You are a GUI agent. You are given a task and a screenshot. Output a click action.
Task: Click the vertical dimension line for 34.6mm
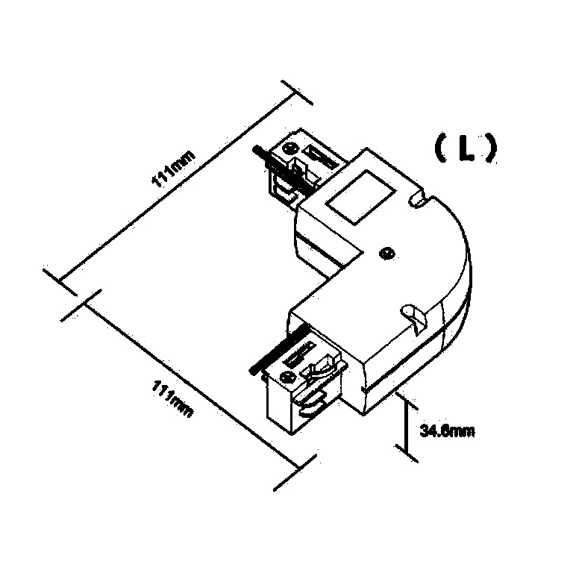point(407,425)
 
